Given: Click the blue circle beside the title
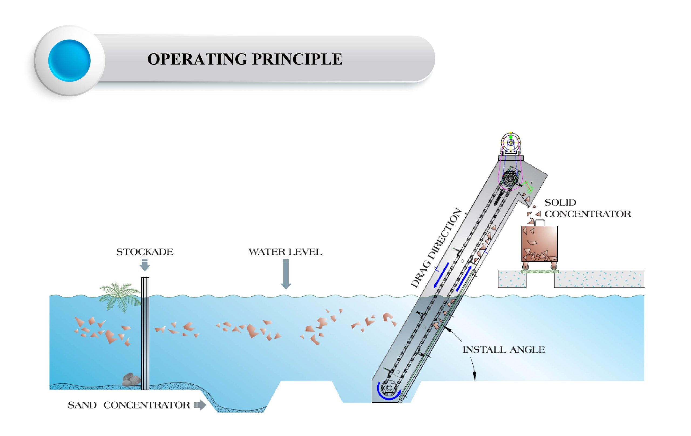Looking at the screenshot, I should (x=69, y=60).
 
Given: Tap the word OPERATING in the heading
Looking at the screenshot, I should (x=197, y=59).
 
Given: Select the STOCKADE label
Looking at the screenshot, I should (x=145, y=252).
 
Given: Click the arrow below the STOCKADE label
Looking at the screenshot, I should (x=145, y=265).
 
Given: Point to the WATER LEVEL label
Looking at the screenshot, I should (x=285, y=252).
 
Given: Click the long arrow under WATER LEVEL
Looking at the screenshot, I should (x=286, y=274).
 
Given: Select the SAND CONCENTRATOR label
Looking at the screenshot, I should (x=128, y=405).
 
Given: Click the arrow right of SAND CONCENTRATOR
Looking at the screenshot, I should (x=200, y=405).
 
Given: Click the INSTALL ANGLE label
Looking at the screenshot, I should (x=504, y=350).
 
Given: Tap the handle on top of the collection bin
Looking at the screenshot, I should (x=540, y=222).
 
